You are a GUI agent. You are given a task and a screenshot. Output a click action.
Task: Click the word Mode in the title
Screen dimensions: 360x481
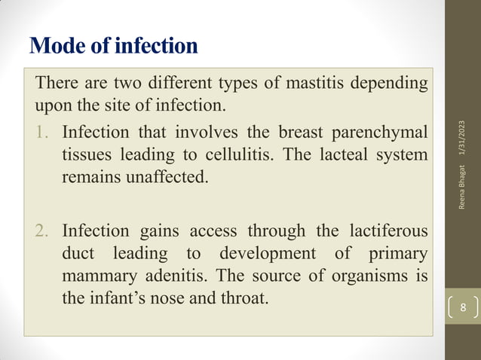pos(53,47)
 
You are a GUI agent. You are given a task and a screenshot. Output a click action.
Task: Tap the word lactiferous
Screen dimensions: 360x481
pos(387,230)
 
